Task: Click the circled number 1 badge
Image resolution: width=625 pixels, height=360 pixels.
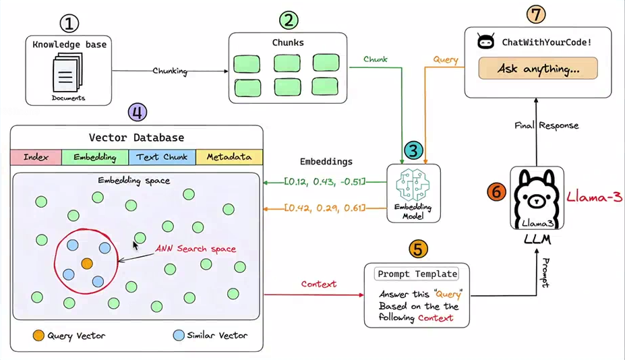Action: click(x=69, y=24)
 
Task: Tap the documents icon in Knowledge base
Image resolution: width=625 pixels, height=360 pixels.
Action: click(x=67, y=73)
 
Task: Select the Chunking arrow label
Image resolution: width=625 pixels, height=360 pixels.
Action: click(x=170, y=71)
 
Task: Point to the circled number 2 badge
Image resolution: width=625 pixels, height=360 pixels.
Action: click(x=289, y=20)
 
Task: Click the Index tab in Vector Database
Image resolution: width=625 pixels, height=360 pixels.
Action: click(x=36, y=157)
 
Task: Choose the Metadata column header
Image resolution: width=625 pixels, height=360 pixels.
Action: click(x=229, y=157)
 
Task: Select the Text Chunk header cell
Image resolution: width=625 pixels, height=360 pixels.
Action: click(x=162, y=157)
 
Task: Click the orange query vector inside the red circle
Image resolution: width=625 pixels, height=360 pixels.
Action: click(x=87, y=263)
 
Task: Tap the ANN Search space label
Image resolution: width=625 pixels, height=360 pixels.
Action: click(x=196, y=249)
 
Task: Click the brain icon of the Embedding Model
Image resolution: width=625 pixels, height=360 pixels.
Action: click(x=413, y=185)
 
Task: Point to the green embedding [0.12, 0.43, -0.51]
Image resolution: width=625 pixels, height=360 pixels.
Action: click(x=324, y=182)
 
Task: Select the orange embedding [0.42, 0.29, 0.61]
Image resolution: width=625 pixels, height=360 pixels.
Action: click(x=324, y=208)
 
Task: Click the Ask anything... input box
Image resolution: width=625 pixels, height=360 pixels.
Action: click(x=538, y=68)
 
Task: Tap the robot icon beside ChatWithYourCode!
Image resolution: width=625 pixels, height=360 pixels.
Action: click(x=485, y=41)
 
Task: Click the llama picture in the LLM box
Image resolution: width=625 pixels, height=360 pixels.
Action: click(x=537, y=198)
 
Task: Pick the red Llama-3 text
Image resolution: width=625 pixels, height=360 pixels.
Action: click(x=594, y=197)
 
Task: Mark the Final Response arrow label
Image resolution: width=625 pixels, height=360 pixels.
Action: click(x=547, y=125)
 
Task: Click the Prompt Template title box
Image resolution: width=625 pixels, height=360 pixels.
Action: click(x=417, y=274)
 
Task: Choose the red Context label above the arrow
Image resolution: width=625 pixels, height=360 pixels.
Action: click(x=318, y=284)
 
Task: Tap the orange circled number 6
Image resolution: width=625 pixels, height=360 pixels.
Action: click(x=496, y=191)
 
